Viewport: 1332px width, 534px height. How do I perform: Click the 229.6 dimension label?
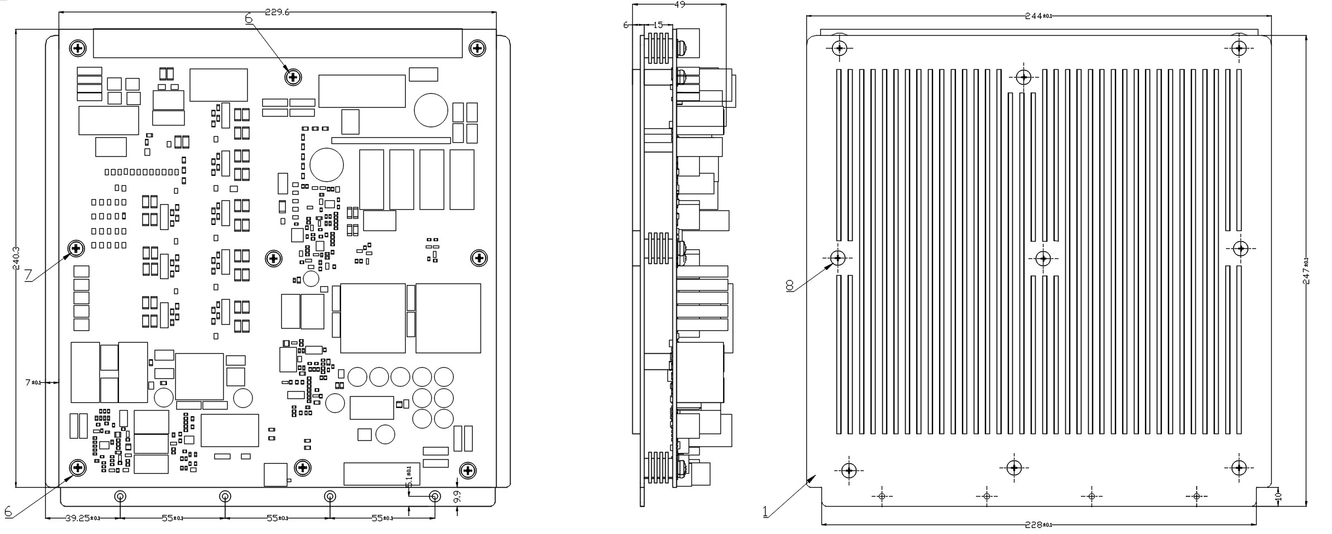click(x=277, y=12)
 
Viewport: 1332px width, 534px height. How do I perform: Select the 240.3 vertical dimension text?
click(x=16, y=259)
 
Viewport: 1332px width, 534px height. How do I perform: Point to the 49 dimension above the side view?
click(x=680, y=4)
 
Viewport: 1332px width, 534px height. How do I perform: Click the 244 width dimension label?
click(x=1038, y=16)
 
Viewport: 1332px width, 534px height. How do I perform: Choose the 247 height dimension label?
click(x=1306, y=271)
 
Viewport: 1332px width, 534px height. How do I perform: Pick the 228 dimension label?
click(x=1038, y=525)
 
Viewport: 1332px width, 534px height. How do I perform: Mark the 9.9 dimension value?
click(x=458, y=498)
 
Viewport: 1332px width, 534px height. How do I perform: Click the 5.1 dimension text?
click(x=408, y=475)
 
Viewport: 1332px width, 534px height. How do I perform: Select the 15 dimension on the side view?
click(x=657, y=25)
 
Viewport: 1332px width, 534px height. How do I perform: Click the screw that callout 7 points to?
click(x=76, y=247)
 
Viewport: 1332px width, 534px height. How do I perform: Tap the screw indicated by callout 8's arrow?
click(x=838, y=258)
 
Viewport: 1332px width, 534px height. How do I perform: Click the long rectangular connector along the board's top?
click(x=278, y=44)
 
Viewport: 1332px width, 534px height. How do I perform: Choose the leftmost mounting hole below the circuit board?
click(x=120, y=496)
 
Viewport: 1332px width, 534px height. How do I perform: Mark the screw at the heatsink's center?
click(x=1043, y=258)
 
